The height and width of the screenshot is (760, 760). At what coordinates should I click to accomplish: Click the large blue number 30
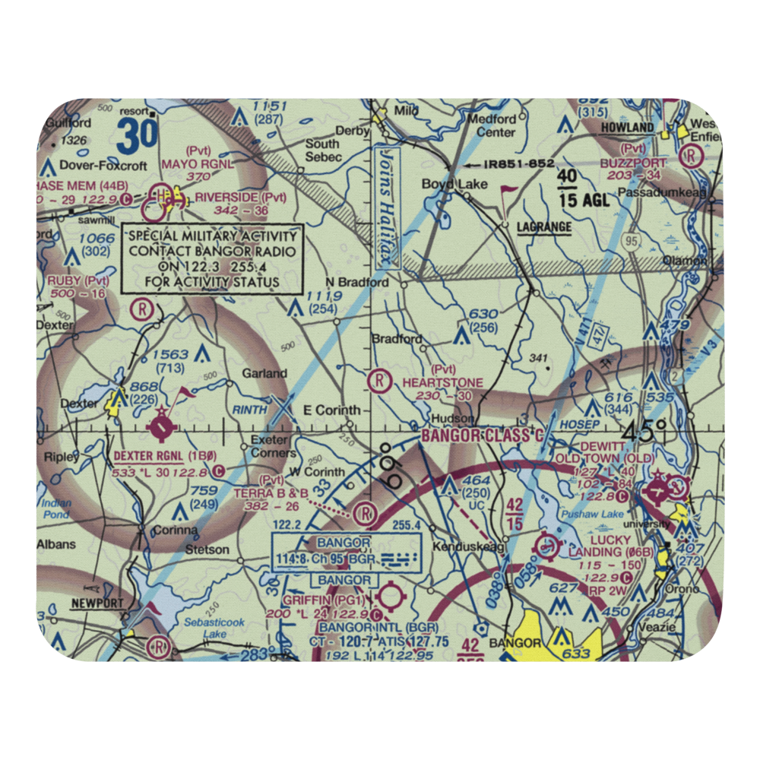138,135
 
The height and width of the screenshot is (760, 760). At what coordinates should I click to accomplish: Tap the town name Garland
264,373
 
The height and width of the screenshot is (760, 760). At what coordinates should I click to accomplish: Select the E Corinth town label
332,410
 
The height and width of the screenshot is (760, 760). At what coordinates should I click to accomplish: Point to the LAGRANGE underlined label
543,227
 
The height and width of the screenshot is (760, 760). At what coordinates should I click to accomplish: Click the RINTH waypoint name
250,410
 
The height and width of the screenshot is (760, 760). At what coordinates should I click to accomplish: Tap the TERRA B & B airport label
271,493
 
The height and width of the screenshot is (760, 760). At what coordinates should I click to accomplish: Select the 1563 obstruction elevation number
171,353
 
